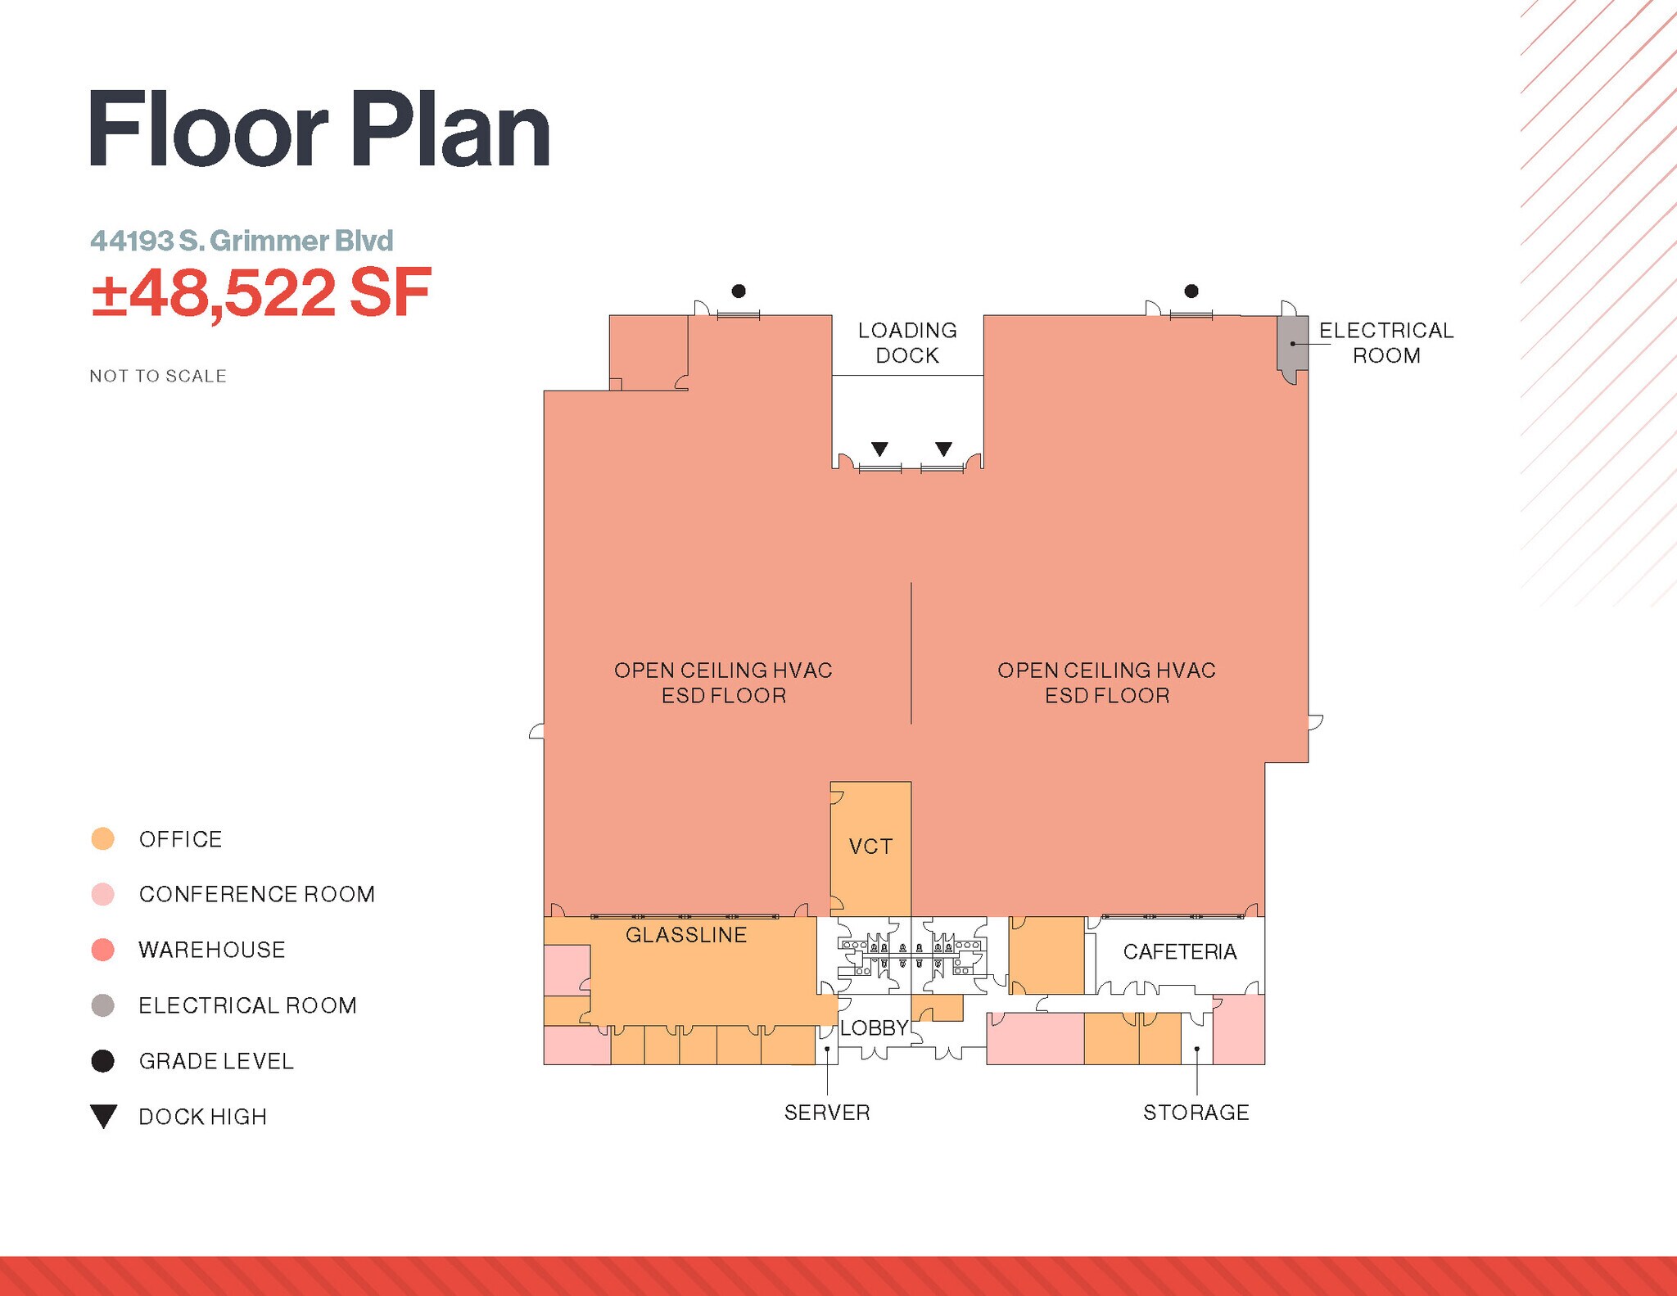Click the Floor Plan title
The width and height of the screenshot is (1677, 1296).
point(319,131)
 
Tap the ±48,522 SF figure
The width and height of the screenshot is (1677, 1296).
point(260,294)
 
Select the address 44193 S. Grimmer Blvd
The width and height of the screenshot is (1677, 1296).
point(242,241)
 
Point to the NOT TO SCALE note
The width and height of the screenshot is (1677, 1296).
point(158,376)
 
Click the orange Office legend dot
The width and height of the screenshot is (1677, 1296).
point(103,839)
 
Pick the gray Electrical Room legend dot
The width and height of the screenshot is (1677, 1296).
point(103,1005)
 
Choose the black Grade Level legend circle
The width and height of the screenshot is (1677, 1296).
point(103,1061)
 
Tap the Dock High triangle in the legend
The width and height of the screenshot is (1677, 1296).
point(104,1116)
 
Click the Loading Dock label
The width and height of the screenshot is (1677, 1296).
point(907,343)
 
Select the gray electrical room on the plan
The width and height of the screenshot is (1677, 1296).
point(1293,344)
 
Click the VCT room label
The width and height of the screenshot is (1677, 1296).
point(870,847)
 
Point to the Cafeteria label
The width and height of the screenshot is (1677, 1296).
point(1179,951)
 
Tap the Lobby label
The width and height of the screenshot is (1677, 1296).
point(874,1028)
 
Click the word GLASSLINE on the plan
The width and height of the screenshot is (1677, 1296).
point(686,935)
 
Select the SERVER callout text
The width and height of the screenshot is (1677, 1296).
point(827,1113)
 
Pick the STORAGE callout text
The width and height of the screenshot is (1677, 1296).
point(1196,1113)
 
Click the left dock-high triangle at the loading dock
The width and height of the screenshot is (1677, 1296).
point(879,449)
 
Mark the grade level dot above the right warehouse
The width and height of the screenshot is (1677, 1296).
point(1191,291)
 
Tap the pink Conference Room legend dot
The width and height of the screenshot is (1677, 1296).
point(103,894)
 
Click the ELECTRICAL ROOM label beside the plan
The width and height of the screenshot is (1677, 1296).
point(1386,343)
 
